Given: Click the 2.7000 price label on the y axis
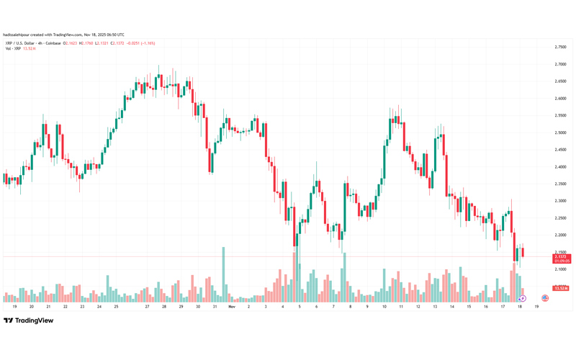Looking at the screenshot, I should (x=559, y=64).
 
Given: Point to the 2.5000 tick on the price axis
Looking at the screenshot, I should (x=559, y=132).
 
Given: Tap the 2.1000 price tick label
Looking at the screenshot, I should (x=559, y=269).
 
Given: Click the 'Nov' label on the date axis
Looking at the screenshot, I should (x=231, y=306).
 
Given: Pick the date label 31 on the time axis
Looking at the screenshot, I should (x=215, y=306).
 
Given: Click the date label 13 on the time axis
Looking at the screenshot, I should (x=435, y=306).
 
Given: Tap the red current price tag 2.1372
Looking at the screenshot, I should (x=559, y=256).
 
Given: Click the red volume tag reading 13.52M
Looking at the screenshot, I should (x=559, y=288).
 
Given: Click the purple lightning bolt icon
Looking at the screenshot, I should (x=523, y=298).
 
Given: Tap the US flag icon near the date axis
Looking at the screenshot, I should (x=544, y=298).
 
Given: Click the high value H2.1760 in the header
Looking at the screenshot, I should (x=86, y=43).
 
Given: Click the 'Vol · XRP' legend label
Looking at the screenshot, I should (x=13, y=49).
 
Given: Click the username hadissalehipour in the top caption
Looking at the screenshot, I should (x=16, y=34).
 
